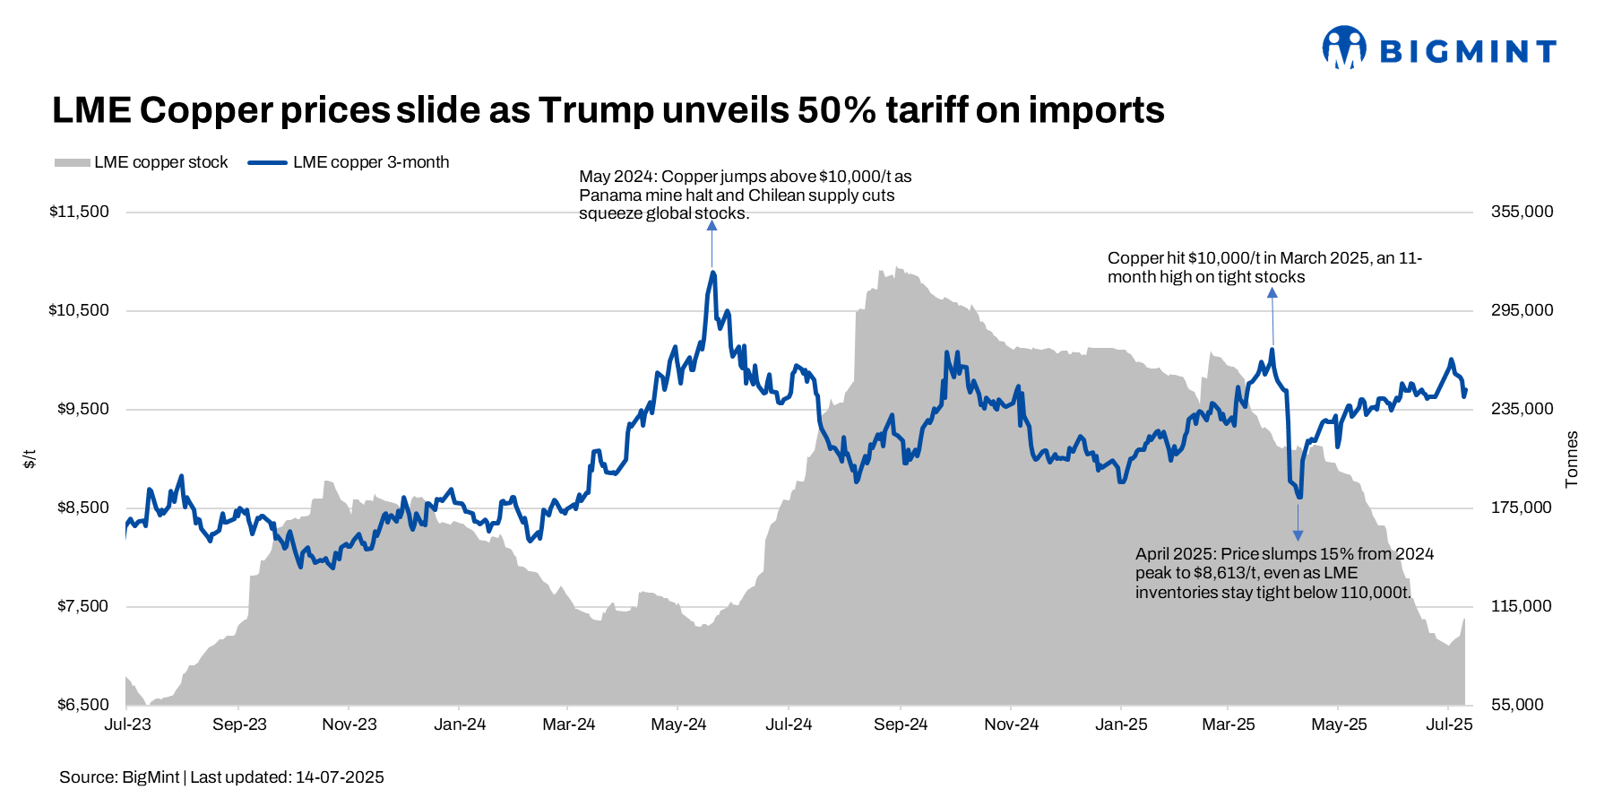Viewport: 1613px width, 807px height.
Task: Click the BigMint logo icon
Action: point(1344,48)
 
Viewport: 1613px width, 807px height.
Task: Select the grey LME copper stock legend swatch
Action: point(72,162)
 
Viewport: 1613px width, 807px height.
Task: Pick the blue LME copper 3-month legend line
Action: point(267,162)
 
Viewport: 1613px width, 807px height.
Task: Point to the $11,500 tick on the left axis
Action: point(79,212)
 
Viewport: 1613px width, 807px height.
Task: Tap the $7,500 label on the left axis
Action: point(83,606)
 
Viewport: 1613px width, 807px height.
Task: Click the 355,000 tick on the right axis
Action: point(1522,212)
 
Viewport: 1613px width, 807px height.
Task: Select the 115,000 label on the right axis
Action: point(1522,606)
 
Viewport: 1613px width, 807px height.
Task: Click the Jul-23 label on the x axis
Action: point(128,725)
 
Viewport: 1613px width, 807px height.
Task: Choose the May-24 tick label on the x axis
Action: point(678,725)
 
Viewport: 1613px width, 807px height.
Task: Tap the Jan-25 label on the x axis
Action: point(1121,725)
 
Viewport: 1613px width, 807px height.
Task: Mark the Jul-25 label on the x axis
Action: point(1449,725)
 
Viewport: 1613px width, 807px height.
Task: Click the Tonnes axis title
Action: point(1572,459)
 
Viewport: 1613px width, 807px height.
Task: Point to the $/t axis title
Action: point(30,459)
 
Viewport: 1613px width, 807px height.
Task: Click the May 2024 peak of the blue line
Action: point(713,272)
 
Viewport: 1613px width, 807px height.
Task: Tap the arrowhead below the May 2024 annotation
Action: point(712,225)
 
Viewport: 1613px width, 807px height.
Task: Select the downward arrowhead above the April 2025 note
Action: point(1298,535)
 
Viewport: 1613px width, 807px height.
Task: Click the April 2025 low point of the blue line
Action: point(1298,498)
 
